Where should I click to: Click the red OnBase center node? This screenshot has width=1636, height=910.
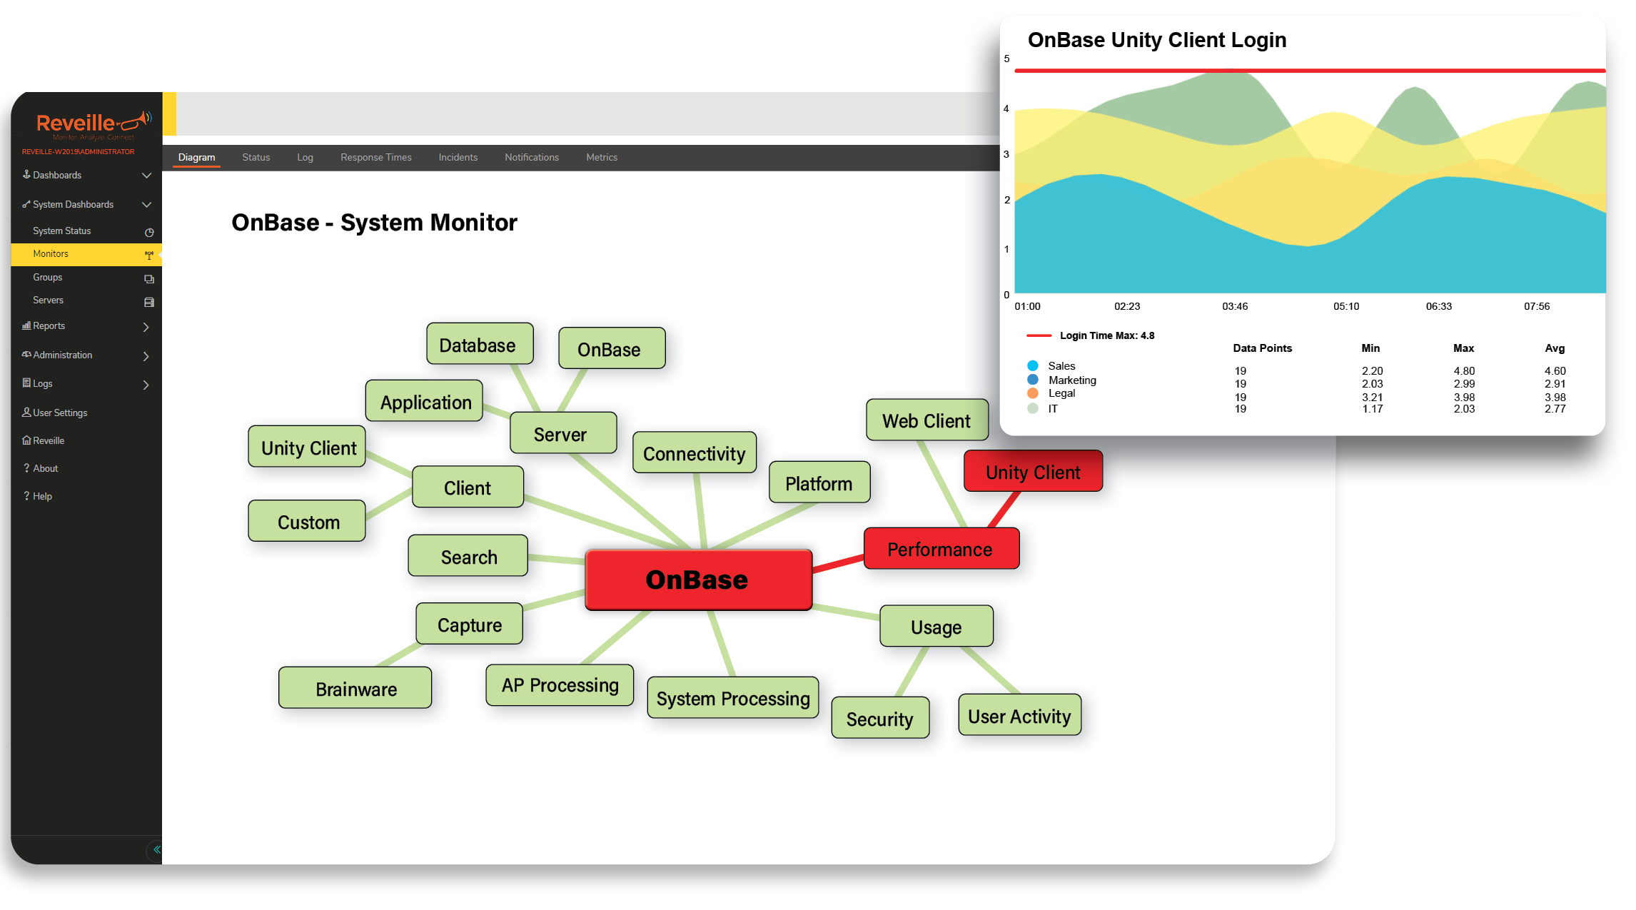pyautogui.click(x=698, y=580)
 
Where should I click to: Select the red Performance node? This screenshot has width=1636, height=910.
pyautogui.click(x=941, y=549)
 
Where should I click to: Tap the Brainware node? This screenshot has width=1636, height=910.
pyautogui.click(x=355, y=688)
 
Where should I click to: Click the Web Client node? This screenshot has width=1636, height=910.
pyautogui.click(x=926, y=420)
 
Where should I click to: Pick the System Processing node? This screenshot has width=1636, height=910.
pyautogui.click(x=732, y=698)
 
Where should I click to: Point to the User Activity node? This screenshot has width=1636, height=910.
pyautogui.click(x=1019, y=715)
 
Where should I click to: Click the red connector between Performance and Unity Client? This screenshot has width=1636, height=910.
pyautogui.click(x=1004, y=510)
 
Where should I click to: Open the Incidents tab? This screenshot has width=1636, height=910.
pyautogui.click(x=458, y=157)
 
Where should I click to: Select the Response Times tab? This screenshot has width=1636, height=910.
pyautogui.click(x=376, y=157)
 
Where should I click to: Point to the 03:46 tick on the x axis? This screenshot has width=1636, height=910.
pyautogui.click(x=1235, y=306)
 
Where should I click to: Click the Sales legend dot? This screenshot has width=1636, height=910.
pyautogui.click(x=1033, y=366)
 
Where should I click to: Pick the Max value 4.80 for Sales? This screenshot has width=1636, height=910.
pyautogui.click(x=1464, y=371)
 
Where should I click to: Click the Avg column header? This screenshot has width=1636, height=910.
pyautogui.click(x=1555, y=348)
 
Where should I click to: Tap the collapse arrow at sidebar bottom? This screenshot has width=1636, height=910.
pyautogui.click(x=156, y=850)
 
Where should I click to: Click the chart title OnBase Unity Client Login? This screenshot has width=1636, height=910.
pyautogui.click(x=1157, y=40)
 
